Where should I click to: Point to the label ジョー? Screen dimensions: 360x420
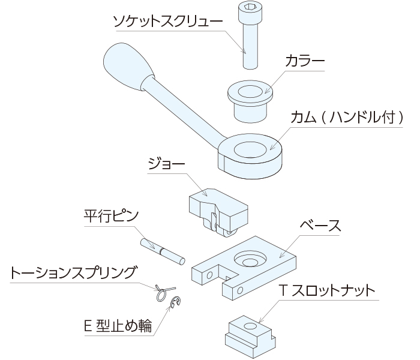164,163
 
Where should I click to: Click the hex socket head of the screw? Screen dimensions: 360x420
249,8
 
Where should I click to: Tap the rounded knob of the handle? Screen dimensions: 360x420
124,64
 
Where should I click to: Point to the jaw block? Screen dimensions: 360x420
216,210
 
